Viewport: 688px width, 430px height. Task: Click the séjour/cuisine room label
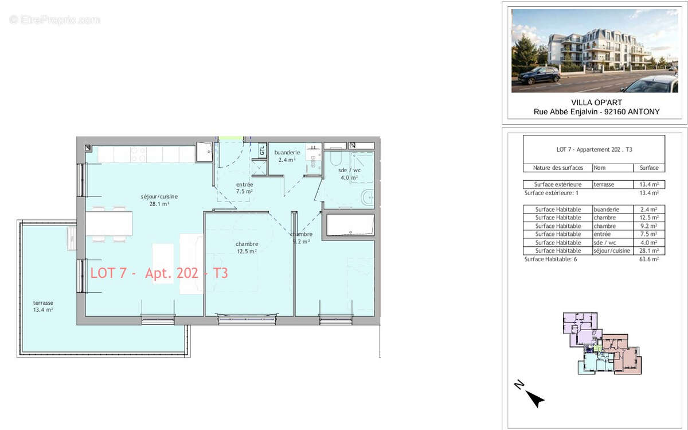point(159,200)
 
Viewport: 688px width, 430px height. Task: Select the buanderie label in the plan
point(287,156)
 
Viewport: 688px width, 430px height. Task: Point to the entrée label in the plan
point(244,188)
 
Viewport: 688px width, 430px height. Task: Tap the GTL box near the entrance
point(262,150)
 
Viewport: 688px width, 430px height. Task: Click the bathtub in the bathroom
point(349,225)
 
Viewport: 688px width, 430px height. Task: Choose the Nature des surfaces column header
point(557,168)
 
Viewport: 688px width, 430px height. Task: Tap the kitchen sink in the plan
point(204,152)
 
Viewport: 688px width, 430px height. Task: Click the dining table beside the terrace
point(109,223)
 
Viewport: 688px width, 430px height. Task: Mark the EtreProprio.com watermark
point(54,20)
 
